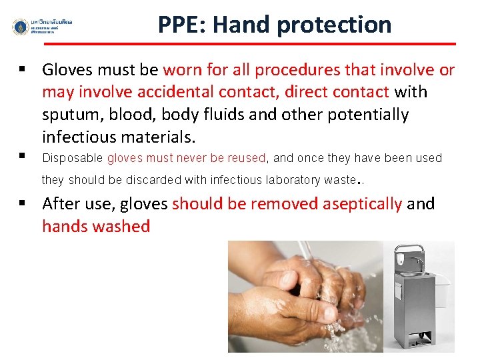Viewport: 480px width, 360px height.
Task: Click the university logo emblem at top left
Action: click(x=21, y=27)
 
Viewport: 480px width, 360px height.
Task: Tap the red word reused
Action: click(x=247, y=158)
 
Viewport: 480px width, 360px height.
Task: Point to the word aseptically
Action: click(x=363, y=203)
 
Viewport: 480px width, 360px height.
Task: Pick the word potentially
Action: click(x=368, y=115)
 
